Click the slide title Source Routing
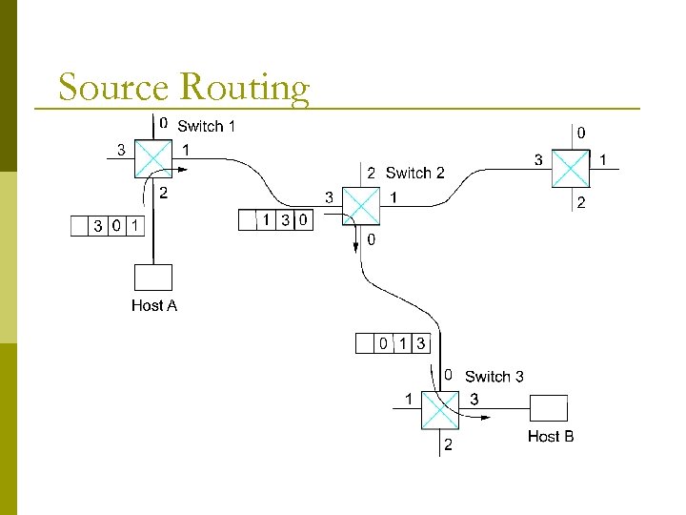coord(183,87)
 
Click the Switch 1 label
coord(206,126)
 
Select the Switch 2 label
coord(414,173)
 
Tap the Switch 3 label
coord(494,377)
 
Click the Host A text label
coord(153,305)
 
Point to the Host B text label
coord(550,436)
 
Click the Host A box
coord(153,277)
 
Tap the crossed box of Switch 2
coord(360,204)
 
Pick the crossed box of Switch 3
coord(440,409)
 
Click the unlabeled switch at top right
coord(572,168)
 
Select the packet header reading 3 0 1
coord(109,226)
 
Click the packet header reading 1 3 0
coord(275,220)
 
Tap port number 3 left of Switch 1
coord(121,149)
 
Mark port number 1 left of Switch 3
coord(409,399)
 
